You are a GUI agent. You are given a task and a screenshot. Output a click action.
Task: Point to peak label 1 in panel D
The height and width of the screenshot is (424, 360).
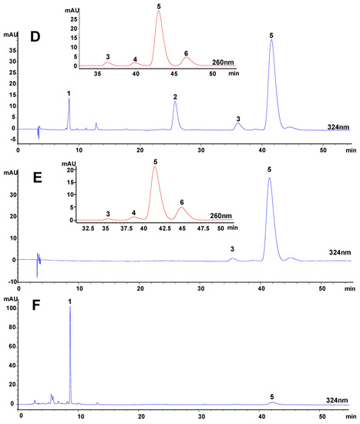[x=69, y=93]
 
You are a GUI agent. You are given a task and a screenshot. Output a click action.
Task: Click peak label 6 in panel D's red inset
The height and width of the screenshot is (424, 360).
[x=186, y=53]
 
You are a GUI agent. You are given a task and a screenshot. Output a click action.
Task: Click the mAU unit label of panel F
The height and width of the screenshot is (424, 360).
[x=12, y=291]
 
